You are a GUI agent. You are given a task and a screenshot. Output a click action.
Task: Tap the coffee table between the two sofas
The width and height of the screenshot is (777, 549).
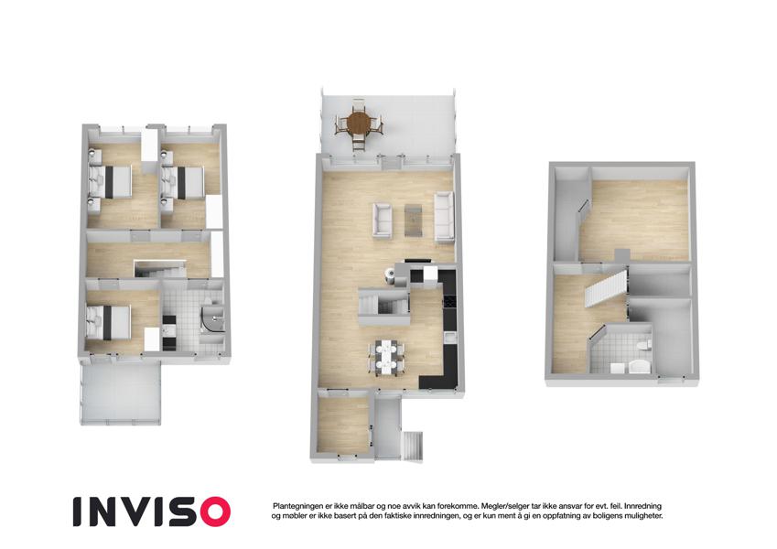414,220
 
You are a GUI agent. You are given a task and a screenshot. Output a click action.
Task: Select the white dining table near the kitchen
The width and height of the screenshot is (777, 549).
385,358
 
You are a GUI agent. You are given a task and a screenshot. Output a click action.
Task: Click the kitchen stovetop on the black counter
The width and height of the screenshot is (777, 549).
449,301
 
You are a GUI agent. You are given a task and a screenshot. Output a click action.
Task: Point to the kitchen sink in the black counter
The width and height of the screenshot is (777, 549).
449,339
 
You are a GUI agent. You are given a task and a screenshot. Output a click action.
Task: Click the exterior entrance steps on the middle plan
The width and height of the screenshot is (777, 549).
413,446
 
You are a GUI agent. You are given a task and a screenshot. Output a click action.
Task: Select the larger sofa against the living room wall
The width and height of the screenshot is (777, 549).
444,218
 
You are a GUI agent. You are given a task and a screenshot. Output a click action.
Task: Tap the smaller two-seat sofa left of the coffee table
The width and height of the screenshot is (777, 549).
382,219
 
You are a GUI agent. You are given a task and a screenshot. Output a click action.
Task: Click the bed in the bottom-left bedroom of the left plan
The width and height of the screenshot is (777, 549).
109,322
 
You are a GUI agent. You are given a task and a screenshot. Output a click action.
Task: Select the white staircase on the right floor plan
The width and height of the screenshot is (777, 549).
602,287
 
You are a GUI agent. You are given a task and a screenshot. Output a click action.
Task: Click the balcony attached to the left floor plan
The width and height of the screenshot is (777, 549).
121,392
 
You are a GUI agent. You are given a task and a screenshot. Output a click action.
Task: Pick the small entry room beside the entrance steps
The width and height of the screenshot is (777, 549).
342,424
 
